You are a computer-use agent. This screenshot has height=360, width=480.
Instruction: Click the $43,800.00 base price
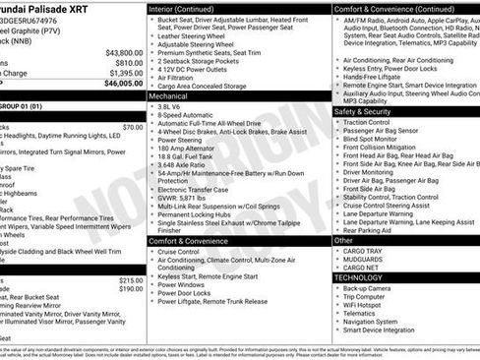pos(124,53)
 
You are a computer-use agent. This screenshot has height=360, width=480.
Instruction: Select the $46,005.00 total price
pos(124,85)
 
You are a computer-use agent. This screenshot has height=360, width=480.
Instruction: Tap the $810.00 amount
pos(129,63)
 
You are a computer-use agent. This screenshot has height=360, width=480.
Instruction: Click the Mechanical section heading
pos(170,96)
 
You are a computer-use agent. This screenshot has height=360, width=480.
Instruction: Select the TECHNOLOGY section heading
pos(358,277)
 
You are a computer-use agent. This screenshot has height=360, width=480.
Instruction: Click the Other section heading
pos(343,240)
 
